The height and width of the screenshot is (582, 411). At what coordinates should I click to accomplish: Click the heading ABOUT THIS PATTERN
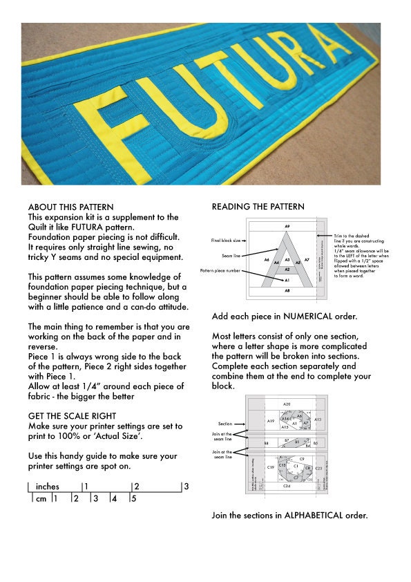click(70, 207)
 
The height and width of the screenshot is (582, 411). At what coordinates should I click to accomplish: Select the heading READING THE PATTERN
click(258, 207)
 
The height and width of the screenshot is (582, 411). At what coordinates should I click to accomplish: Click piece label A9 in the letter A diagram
click(287, 226)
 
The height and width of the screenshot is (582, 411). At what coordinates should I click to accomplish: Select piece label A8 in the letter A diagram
click(287, 291)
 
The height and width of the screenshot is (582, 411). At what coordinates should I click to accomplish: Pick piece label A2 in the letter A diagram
click(287, 270)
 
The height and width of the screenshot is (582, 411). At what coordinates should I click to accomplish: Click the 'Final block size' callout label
click(226, 241)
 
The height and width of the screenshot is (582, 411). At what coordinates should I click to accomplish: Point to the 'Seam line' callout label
click(231, 256)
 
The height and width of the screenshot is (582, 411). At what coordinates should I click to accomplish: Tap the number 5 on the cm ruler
click(133, 498)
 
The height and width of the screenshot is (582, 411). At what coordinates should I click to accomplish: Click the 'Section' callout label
click(225, 423)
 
